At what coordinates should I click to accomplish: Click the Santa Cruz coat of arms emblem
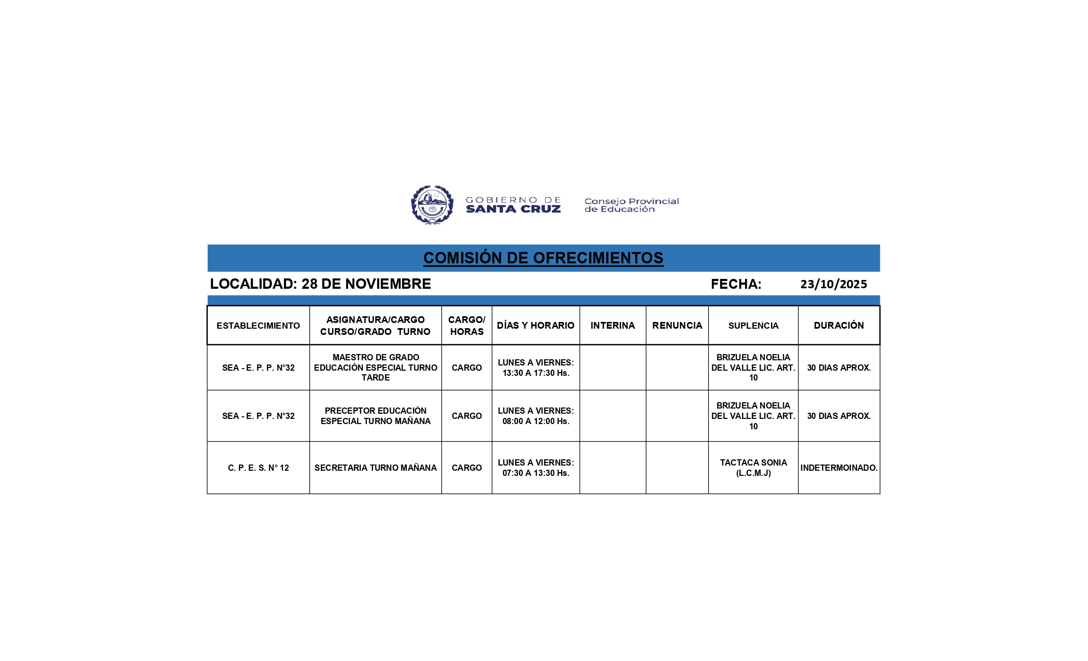tap(432, 205)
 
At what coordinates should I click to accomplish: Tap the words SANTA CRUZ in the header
tap(513, 209)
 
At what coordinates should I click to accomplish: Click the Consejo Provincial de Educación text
tap(631, 205)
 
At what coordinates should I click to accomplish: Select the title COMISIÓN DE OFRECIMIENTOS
tap(543, 258)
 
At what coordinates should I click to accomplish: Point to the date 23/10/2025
tap(833, 284)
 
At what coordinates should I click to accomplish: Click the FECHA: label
tap(736, 284)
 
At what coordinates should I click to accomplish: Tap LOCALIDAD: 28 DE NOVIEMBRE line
tap(320, 284)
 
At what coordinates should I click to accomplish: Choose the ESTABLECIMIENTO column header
tap(258, 326)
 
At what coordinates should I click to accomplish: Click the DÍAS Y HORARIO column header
tap(535, 326)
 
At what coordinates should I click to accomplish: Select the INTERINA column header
tap(612, 326)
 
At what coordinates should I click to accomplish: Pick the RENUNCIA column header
tap(677, 326)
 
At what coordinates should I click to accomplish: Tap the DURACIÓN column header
tap(838, 326)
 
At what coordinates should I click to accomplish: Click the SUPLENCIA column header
tap(753, 326)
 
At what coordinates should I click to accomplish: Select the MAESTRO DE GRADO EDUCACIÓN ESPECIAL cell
tap(376, 368)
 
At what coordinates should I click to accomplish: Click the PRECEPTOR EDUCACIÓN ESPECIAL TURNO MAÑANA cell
tap(376, 416)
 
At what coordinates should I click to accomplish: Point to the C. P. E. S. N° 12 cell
tap(258, 468)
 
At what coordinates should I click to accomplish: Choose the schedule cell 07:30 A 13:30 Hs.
tap(535, 468)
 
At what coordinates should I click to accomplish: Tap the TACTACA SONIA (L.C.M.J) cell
tap(753, 468)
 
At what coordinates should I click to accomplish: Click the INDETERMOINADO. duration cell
tap(838, 468)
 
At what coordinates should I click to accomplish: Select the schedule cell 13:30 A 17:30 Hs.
tap(535, 368)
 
